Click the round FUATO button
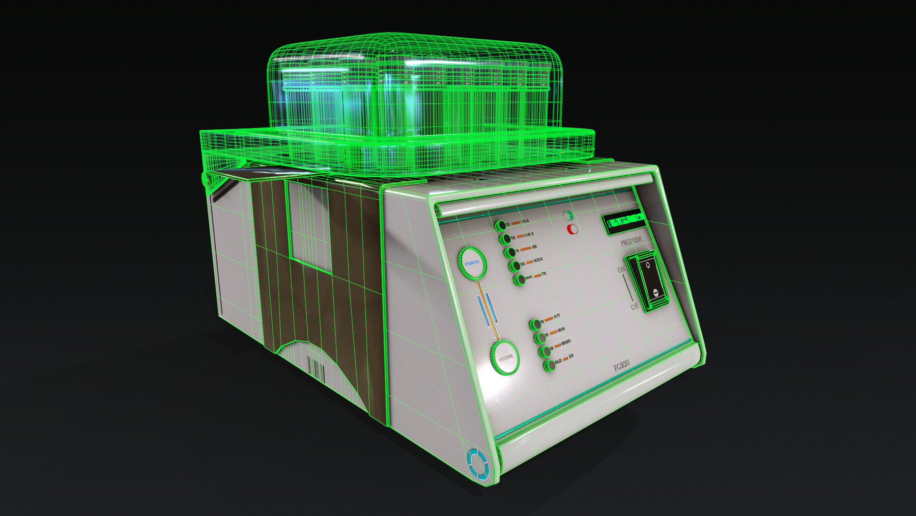(x=472, y=263)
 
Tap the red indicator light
(x=572, y=229)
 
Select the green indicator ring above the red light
(x=568, y=216)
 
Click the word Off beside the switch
(x=634, y=306)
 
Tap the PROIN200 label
(x=631, y=240)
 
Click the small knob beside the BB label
(x=510, y=252)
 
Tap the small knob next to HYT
(x=535, y=324)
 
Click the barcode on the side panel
(x=316, y=369)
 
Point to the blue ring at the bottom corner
(x=477, y=464)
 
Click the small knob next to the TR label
(x=519, y=280)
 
